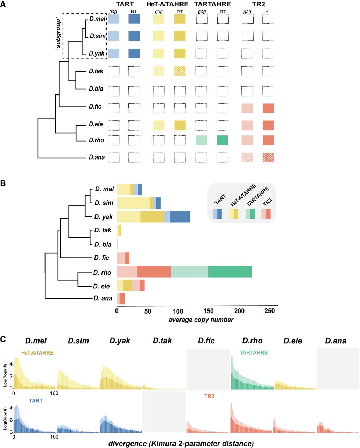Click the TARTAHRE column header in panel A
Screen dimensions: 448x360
pos(212,4)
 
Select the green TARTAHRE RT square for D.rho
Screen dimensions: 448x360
pos(223,140)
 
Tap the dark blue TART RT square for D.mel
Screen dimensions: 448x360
pos(134,19)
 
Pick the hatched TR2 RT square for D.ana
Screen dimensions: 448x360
pos(268,157)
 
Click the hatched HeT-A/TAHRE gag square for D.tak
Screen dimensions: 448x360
pos(159,71)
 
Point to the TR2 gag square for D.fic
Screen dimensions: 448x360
pos(247,108)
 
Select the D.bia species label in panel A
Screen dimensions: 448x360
pos(96,89)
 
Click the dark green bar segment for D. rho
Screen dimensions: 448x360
pos(230,272)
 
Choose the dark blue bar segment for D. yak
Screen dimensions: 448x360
pos(179,217)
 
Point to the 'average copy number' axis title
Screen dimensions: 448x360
pos(201,320)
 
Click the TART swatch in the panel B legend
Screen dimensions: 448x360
pos(217,214)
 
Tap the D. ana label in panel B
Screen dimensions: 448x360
pos(103,299)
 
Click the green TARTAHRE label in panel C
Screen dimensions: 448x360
pos(254,353)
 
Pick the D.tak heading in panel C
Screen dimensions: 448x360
pos(162,341)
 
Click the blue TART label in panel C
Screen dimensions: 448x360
pos(36,401)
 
